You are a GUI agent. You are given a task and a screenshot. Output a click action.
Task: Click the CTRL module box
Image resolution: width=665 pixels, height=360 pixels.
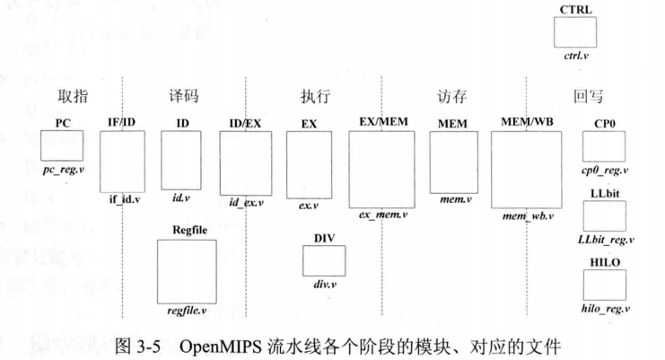tap(575, 32)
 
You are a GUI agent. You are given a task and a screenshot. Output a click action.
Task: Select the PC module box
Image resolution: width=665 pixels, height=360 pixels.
tap(62, 145)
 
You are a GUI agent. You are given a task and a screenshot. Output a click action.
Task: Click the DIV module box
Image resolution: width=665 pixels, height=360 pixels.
tap(323, 259)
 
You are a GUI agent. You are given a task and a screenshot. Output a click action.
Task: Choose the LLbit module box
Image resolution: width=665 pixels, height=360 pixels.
tap(604, 215)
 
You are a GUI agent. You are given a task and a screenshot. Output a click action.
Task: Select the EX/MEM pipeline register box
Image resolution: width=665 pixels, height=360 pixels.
tap(381, 168)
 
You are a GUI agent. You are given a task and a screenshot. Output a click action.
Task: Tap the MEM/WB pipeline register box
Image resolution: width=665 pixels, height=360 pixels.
tap(524, 170)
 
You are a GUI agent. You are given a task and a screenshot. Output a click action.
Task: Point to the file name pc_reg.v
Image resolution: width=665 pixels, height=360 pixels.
tap(62, 169)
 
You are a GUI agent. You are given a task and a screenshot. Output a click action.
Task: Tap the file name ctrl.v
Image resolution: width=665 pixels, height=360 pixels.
tap(575, 57)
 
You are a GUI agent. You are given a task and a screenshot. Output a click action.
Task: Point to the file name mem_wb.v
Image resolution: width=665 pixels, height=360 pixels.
tap(525, 217)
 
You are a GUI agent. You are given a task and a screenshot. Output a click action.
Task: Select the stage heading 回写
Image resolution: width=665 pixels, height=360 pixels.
tap(588, 96)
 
